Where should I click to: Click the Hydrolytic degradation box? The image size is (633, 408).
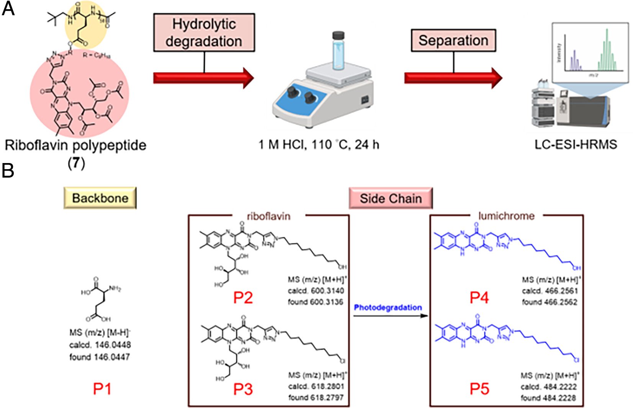(x=204, y=33)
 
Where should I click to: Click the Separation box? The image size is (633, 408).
(x=453, y=41)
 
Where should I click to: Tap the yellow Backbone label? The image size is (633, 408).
(x=100, y=198)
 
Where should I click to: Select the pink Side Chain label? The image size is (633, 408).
(x=391, y=198)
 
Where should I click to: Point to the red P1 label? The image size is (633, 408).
(x=102, y=389)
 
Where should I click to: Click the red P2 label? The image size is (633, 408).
(x=243, y=297)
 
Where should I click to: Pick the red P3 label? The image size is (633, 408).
(x=243, y=389)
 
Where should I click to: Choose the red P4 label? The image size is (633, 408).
(x=479, y=297)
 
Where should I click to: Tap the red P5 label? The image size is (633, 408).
(x=479, y=389)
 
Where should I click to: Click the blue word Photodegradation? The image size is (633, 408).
(x=388, y=307)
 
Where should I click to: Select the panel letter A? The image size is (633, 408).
(x=8, y=8)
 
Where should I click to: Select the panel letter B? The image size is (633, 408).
(x=8, y=171)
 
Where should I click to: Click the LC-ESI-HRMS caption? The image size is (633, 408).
(x=576, y=145)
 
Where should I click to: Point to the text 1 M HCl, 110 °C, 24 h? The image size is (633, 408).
(x=319, y=145)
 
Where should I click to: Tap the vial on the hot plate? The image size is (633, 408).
(x=339, y=52)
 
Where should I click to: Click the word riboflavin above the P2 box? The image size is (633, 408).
(x=268, y=216)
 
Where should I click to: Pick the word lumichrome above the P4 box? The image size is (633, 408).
(x=506, y=216)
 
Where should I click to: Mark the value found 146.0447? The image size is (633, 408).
(x=100, y=357)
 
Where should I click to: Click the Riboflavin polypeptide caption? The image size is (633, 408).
(x=75, y=145)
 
